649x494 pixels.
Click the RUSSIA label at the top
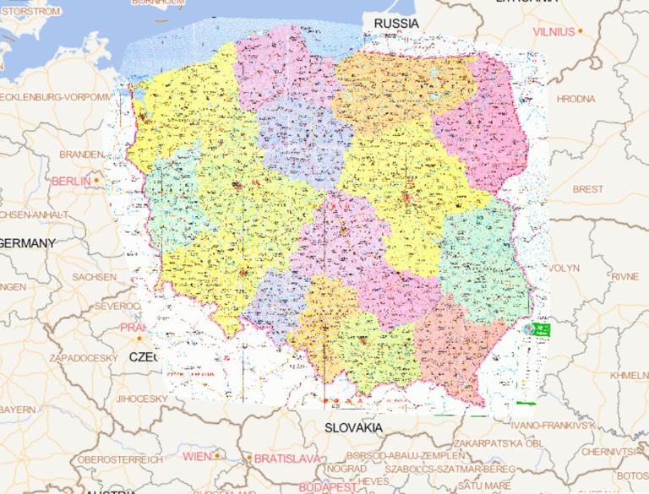(395, 23)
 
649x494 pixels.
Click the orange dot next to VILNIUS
(581, 31)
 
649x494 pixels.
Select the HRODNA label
(599, 99)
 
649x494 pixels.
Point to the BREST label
(588, 189)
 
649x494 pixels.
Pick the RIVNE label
(625, 276)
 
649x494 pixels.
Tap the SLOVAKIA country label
(353, 428)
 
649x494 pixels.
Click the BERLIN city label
(71, 181)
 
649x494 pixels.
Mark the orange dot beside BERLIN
(97, 180)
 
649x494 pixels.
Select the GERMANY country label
(27, 243)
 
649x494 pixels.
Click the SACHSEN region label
(94, 277)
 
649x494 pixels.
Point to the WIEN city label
(196, 456)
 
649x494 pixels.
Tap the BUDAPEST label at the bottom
(326, 487)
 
